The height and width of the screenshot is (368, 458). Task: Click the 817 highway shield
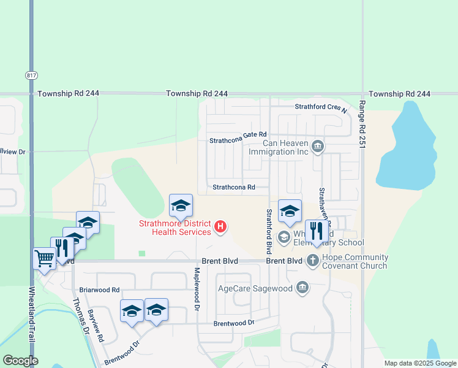click(x=31, y=75)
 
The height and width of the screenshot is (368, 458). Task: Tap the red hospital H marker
click(x=221, y=228)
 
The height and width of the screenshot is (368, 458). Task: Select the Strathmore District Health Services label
click(x=175, y=228)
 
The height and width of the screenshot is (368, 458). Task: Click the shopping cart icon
click(x=44, y=259)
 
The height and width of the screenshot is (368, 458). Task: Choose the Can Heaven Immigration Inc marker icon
click(x=318, y=146)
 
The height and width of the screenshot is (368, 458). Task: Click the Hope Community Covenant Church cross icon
click(x=312, y=261)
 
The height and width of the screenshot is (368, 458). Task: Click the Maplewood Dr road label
click(x=197, y=288)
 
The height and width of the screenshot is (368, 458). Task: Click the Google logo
click(x=20, y=361)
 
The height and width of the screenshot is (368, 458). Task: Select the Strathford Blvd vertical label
click(x=268, y=231)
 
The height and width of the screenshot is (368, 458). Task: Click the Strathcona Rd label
click(x=233, y=188)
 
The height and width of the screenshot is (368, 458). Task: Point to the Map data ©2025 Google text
click(x=419, y=363)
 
